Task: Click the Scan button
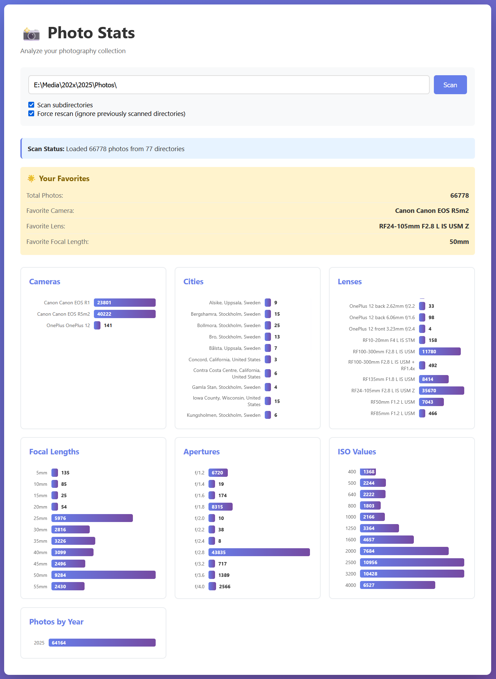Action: (450, 85)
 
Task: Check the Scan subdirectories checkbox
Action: (31, 105)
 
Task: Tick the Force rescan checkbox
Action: (31, 114)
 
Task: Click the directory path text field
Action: (228, 85)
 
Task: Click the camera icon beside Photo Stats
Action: (31, 34)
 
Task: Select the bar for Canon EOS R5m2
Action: (125, 314)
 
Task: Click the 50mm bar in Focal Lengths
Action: (104, 575)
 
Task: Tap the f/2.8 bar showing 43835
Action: (259, 552)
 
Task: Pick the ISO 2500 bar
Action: (412, 562)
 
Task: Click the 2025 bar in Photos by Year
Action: (102, 643)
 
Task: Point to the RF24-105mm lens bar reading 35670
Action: (441, 391)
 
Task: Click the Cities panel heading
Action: (193, 282)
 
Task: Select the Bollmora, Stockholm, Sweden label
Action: (228, 325)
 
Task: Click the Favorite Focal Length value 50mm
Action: (459, 242)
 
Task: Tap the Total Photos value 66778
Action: (459, 195)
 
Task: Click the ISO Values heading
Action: (357, 452)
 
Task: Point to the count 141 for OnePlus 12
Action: (108, 325)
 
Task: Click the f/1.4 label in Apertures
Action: (200, 484)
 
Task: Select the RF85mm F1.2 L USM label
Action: (392, 413)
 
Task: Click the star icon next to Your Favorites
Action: (31, 178)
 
